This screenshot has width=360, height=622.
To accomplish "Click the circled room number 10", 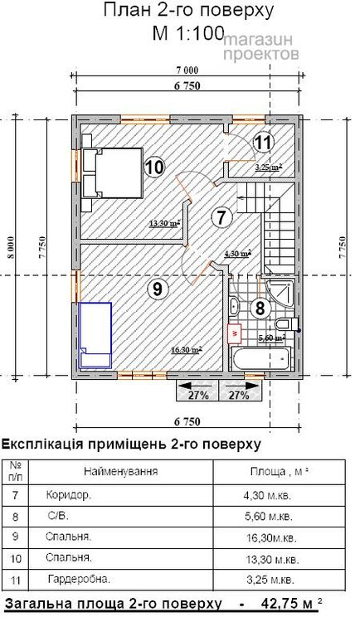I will click(x=153, y=167).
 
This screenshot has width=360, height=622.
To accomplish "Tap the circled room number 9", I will click(x=154, y=289).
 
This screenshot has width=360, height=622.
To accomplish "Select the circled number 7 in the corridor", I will click(x=220, y=218).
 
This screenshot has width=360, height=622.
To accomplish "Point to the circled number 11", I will click(x=262, y=142).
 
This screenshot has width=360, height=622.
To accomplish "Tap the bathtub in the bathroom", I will click(x=260, y=360).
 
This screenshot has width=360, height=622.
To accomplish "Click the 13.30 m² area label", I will click(x=165, y=223).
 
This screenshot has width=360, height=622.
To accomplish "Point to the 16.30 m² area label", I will click(x=186, y=350).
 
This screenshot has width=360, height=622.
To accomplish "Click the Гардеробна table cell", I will click(x=81, y=578).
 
